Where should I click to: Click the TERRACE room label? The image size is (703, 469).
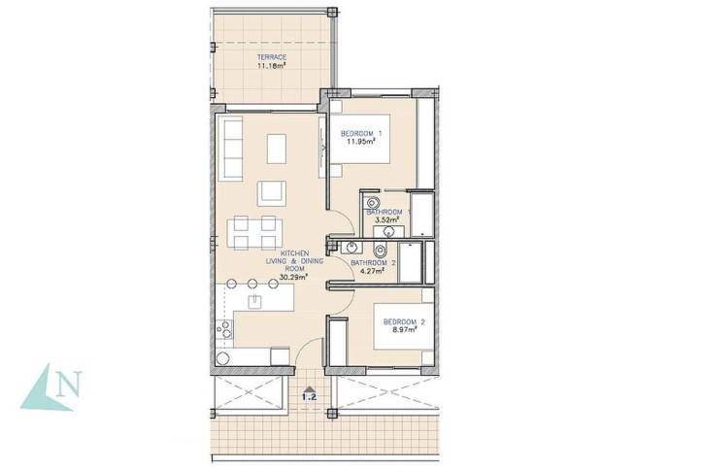pyautogui.click(x=272, y=57)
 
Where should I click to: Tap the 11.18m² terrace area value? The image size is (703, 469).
pyautogui.click(x=272, y=65)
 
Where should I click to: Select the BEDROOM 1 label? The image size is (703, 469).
pyautogui.click(x=361, y=134)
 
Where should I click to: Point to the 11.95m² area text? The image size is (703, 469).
pyautogui.click(x=361, y=142)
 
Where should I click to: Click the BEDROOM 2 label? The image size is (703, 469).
pyautogui.click(x=404, y=322)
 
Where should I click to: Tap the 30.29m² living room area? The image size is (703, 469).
pyautogui.click(x=293, y=277)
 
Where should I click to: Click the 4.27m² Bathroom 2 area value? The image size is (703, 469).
pyautogui.click(x=373, y=271)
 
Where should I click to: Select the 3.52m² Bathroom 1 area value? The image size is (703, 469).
pyautogui.click(x=386, y=219)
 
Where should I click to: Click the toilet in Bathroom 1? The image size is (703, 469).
pyautogui.click(x=373, y=203)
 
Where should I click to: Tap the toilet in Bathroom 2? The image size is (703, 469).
pyautogui.click(x=381, y=249)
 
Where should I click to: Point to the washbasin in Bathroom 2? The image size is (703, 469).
pyautogui.click(x=351, y=247)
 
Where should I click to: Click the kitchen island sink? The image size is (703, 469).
pyautogui.click(x=255, y=300)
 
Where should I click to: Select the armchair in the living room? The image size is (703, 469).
pyautogui.click(x=271, y=193)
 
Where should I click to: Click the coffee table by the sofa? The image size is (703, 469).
pyautogui.click(x=277, y=149)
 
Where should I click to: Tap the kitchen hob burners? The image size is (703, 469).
pyautogui.click(x=223, y=329)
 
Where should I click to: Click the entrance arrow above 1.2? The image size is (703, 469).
pyautogui.click(x=310, y=389)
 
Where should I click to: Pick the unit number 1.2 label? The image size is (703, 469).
pyautogui.click(x=310, y=397)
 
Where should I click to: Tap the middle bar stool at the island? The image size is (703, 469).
pyautogui.click(x=252, y=284)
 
